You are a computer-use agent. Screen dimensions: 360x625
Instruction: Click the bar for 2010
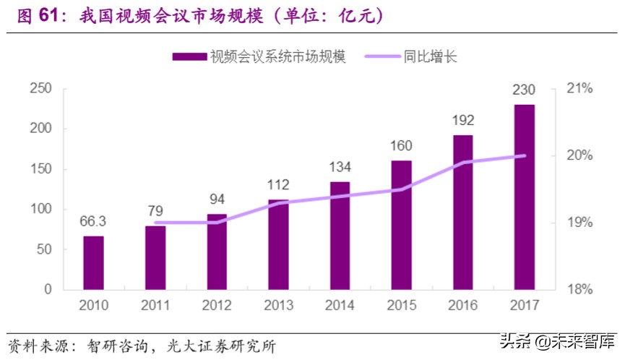(x=93, y=262)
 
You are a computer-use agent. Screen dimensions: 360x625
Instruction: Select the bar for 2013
(x=278, y=244)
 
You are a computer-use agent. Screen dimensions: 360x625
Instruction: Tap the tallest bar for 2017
(x=525, y=197)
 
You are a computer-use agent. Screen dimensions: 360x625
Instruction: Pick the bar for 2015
(x=402, y=225)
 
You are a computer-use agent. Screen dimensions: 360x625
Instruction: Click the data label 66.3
(x=93, y=221)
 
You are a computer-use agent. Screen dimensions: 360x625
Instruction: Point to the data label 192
(x=463, y=120)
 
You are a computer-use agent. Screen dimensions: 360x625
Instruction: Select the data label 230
(x=525, y=90)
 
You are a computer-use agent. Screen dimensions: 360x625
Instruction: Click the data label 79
(x=155, y=211)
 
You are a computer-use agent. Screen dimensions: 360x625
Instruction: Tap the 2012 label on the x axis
(x=217, y=305)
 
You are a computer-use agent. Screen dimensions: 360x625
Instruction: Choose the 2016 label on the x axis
(x=463, y=305)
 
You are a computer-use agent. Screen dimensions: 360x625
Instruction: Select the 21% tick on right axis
(x=579, y=88)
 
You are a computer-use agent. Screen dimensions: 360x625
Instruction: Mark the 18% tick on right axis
(x=579, y=289)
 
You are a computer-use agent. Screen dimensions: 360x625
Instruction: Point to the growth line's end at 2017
(x=525, y=155)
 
